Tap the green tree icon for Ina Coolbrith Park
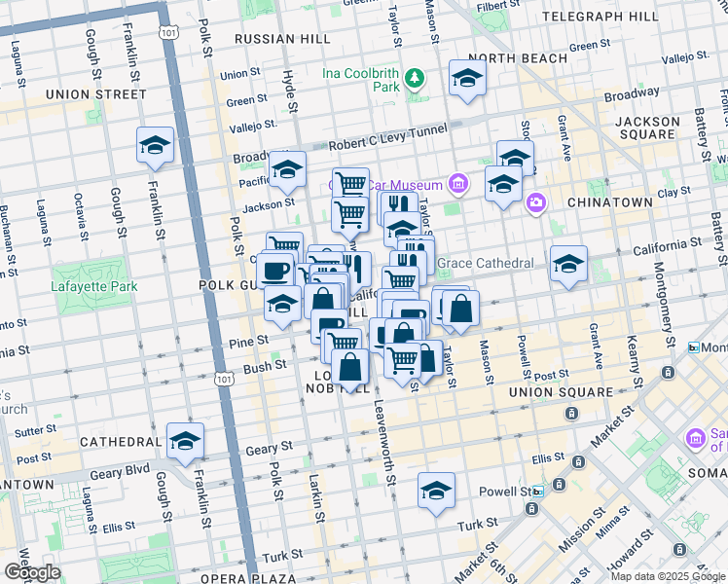[416, 77]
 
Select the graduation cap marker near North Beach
[467, 80]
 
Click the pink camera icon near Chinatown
[535, 202]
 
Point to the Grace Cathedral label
[485, 264]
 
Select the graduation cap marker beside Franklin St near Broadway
[155, 146]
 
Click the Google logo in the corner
[32, 572]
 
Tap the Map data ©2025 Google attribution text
[668, 576]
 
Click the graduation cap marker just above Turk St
[436, 492]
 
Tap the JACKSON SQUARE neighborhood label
[647, 129]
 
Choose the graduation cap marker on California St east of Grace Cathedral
[568, 264]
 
